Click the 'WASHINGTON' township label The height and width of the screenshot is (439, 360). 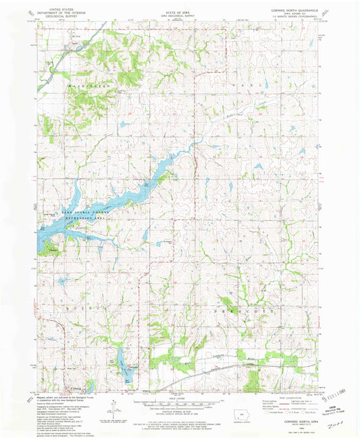[x=88, y=88]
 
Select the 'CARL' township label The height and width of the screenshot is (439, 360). [x=260, y=88]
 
